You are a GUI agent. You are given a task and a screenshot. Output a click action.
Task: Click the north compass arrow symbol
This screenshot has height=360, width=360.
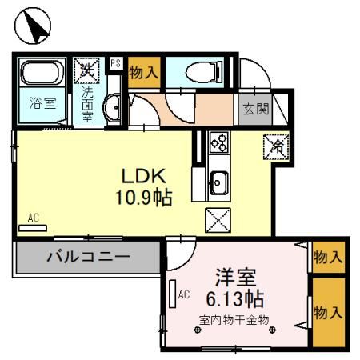34,26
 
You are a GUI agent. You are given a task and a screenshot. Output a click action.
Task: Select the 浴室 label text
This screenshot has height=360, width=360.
41,104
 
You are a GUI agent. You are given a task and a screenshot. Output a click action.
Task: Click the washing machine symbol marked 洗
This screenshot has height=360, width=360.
86,70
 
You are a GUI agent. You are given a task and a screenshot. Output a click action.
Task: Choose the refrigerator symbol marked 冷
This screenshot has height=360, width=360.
276,145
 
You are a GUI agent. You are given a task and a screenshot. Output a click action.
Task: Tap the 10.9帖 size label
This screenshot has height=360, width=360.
144,197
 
